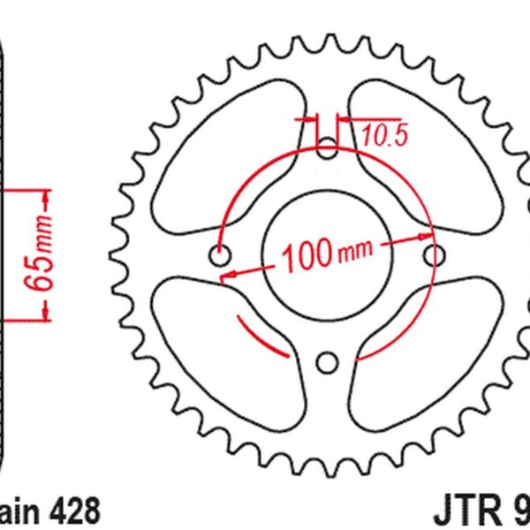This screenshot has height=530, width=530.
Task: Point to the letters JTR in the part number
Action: pos(466,511)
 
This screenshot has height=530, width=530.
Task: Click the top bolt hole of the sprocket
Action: pos(328,148)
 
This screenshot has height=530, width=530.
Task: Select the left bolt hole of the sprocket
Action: pos(220,255)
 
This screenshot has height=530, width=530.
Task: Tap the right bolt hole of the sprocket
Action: pos(434,255)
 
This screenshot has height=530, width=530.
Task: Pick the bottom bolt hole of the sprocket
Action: pos(328,362)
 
